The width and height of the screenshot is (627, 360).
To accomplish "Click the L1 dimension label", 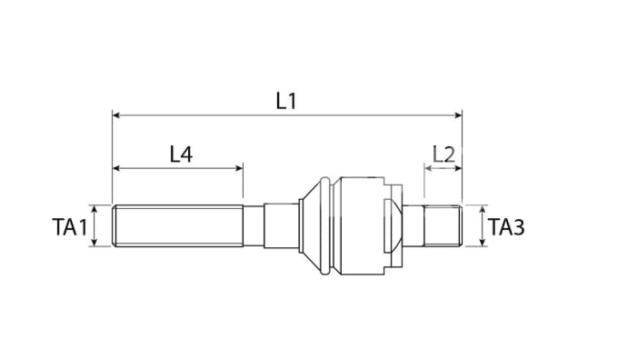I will point(286,100).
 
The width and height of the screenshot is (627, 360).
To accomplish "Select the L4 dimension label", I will point(181,154).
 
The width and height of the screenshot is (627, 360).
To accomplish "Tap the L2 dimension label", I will point(443,154).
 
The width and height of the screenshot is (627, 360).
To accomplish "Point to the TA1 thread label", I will point(69,227).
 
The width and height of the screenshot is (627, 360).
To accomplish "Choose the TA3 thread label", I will point(506,227).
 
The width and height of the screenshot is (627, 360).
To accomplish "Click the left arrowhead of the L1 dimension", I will point(116,115).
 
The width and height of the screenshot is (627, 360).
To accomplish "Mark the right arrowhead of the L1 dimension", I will point(458,115).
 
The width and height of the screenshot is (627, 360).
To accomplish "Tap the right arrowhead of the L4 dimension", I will point(239,168).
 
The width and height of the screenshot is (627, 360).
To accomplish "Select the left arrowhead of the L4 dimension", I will point(116,168).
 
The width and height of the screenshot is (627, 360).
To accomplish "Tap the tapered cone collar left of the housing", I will point(314,225).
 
